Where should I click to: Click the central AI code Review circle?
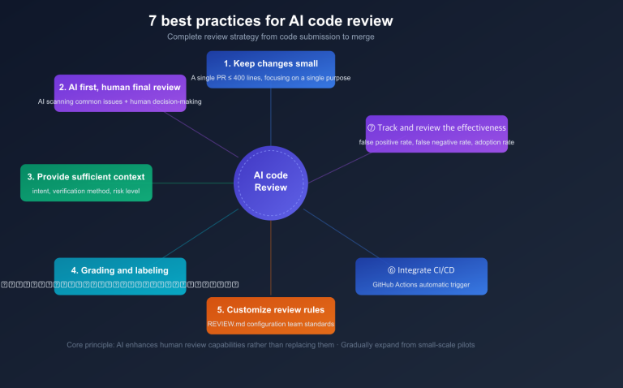pos(270,181)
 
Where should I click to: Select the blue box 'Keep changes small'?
pos(270,63)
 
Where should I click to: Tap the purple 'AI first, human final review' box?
pos(121,87)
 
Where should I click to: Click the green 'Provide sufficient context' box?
pos(86,176)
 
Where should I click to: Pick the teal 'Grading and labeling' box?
pos(119,270)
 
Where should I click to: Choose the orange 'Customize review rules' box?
pos(270,309)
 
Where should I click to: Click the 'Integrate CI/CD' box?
pos(421,270)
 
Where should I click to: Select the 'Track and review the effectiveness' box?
pos(436,128)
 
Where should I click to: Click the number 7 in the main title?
pos(153,20)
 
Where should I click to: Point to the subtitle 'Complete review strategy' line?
pos(270,37)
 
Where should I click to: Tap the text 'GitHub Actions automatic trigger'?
pos(421,285)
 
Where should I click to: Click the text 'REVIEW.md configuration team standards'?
pos(270,325)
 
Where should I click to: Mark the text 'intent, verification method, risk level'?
pos(86,192)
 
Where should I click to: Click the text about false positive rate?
pos(436,143)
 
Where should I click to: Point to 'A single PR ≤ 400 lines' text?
pos(270,78)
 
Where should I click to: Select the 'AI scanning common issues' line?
pos(121,101)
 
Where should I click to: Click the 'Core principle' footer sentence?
pos(270,345)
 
